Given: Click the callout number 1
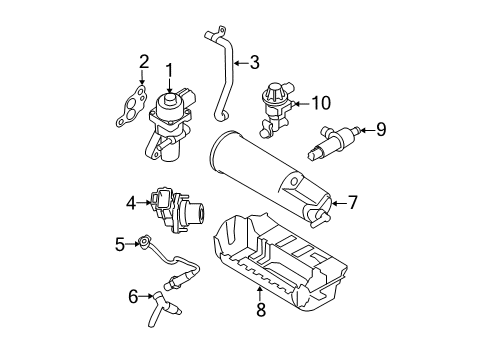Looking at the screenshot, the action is tap(170, 71).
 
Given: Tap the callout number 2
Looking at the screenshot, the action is tap(144, 62).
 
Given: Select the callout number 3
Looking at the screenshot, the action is tap(255, 62).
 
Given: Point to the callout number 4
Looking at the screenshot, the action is tap(131, 203).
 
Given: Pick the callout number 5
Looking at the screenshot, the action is tap(120, 244).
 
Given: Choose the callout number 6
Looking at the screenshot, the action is tap(133, 296).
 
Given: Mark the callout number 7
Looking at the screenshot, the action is tap(352, 202).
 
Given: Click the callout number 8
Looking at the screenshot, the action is tap(261, 309).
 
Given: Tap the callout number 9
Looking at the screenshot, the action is tap(381, 129).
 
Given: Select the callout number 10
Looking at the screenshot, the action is tap(321, 103).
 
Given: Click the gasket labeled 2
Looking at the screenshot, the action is tap(131, 106).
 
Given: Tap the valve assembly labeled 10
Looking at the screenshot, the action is tap(275, 109).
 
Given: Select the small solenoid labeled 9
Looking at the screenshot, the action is tap(333, 142).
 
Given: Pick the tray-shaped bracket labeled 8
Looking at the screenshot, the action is tap(280, 259).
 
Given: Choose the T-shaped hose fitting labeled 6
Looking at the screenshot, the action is tap(162, 309).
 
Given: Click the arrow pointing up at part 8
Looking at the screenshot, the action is tap(260, 294).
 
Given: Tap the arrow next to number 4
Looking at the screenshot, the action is tap(145, 202).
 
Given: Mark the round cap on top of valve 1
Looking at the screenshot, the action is tap(170, 99).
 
